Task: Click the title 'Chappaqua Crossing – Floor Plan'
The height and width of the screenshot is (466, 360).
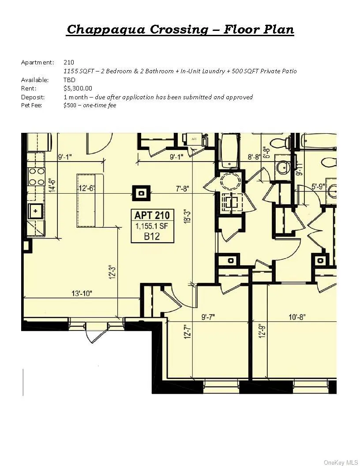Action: (x=180, y=30)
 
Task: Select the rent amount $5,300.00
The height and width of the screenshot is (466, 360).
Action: (x=78, y=88)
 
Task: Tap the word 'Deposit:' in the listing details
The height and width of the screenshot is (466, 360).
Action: (x=32, y=97)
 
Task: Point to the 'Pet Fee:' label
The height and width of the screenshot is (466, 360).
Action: (x=31, y=105)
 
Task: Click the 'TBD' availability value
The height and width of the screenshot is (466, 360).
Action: (x=69, y=80)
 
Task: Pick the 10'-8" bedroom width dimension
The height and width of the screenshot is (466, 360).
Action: (x=297, y=317)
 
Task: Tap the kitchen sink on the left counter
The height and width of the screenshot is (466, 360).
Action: (x=35, y=211)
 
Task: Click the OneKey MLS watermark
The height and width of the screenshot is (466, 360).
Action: (x=341, y=462)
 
